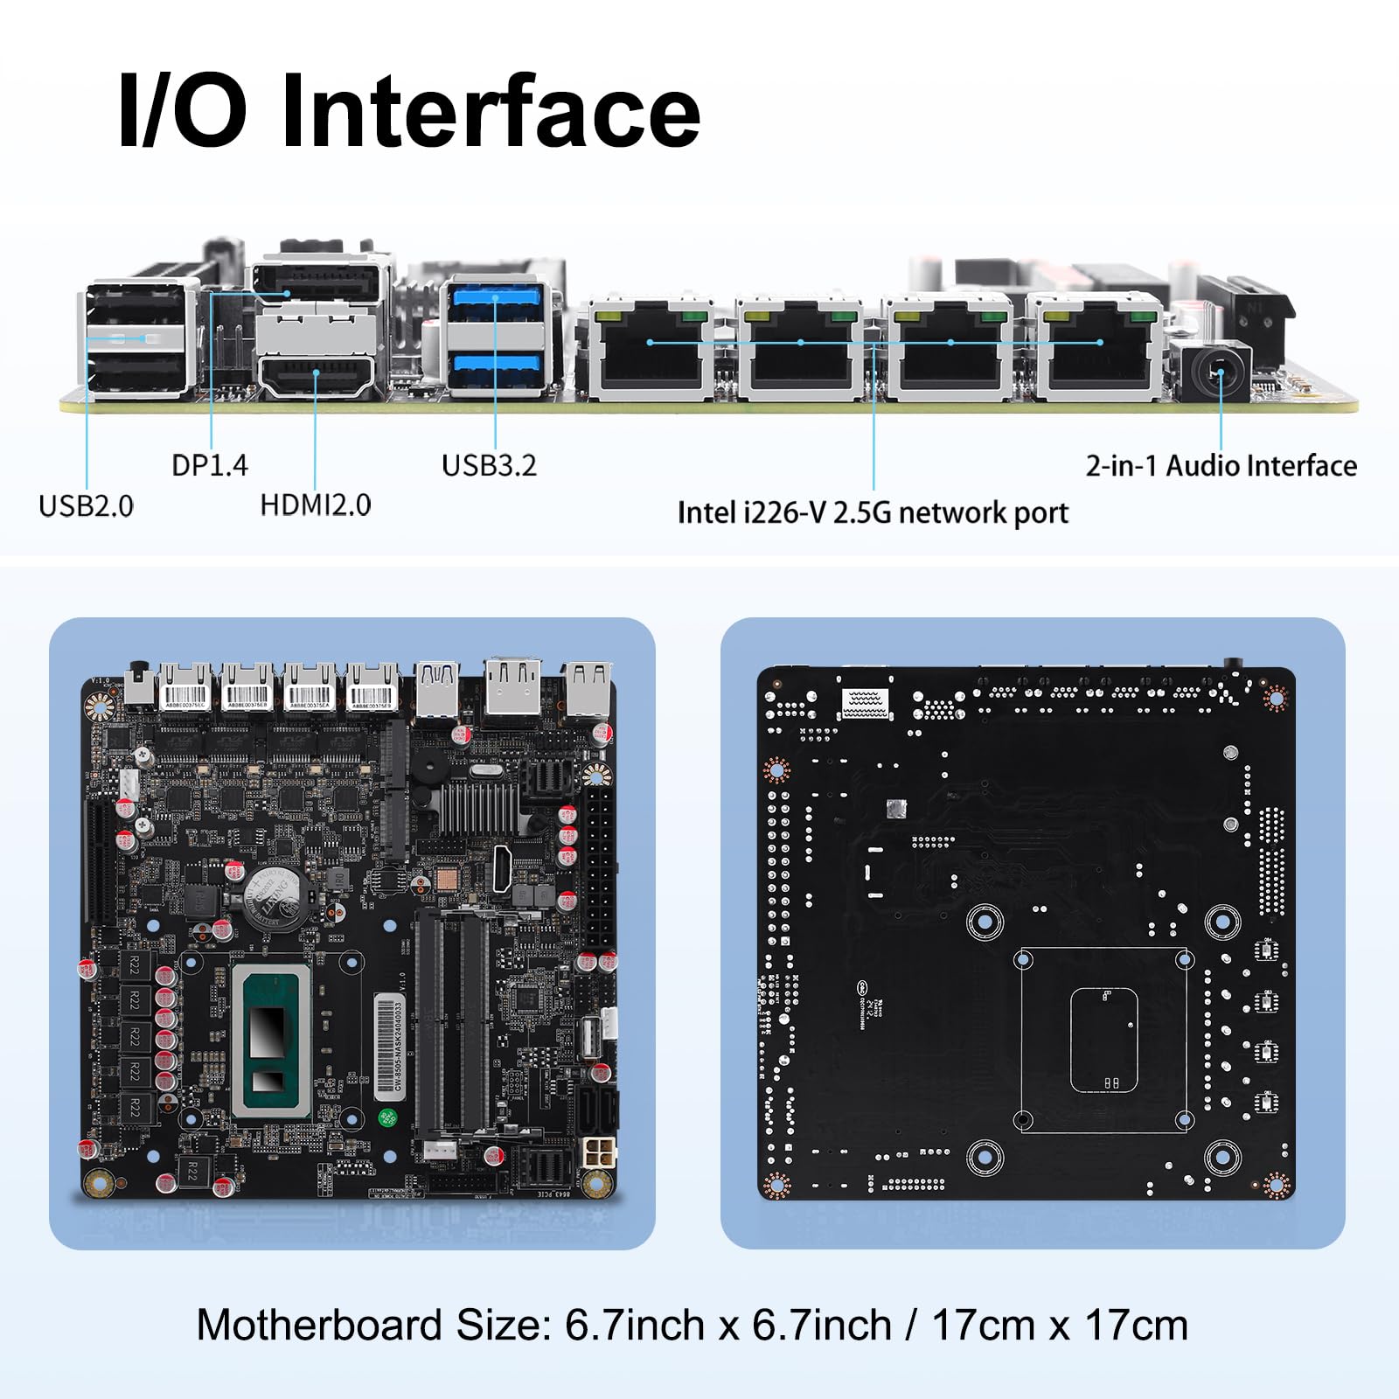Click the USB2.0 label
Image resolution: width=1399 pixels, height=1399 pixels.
[x=86, y=505]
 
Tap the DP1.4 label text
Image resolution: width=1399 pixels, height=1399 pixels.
[x=210, y=465]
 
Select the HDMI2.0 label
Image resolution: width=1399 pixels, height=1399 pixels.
[x=316, y=505]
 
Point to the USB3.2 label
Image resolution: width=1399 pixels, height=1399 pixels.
[x=489, y=465]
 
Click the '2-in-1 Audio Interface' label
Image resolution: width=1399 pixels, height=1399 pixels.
[x=1221, y=465]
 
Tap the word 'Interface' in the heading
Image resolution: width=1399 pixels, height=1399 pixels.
[x=491, y=112]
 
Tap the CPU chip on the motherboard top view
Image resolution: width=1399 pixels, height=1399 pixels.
[x=270, y=1041]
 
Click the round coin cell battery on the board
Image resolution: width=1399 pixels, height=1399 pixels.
[x=272, y=897]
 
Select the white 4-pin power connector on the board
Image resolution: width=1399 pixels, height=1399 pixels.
[x=598, y=1152]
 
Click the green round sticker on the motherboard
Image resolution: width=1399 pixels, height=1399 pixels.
[x=386, y=1117]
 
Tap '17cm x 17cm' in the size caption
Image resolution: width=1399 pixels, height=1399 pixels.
[x=1060, y=1325]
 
